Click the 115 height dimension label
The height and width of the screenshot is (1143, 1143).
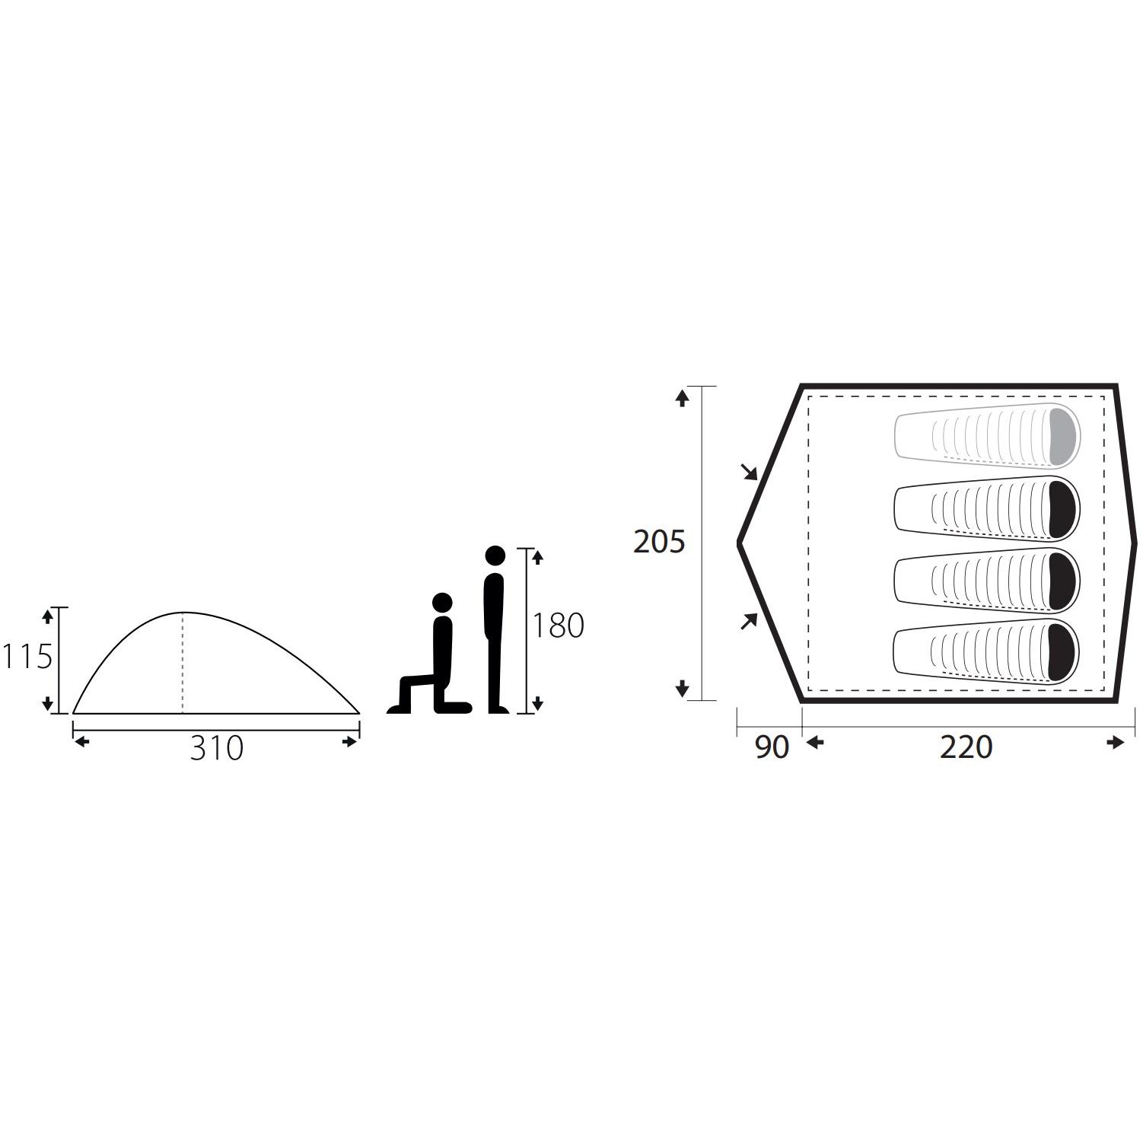27,657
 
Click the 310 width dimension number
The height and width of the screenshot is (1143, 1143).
217,748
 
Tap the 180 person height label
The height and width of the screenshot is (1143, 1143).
558,626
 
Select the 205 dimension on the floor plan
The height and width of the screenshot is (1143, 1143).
660,542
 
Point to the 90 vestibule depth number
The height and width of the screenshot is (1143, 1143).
772,747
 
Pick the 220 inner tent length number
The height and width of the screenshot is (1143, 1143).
966,747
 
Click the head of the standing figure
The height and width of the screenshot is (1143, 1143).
495,556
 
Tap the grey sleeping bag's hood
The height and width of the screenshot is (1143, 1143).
1065,436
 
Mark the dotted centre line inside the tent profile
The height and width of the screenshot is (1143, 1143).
183,663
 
